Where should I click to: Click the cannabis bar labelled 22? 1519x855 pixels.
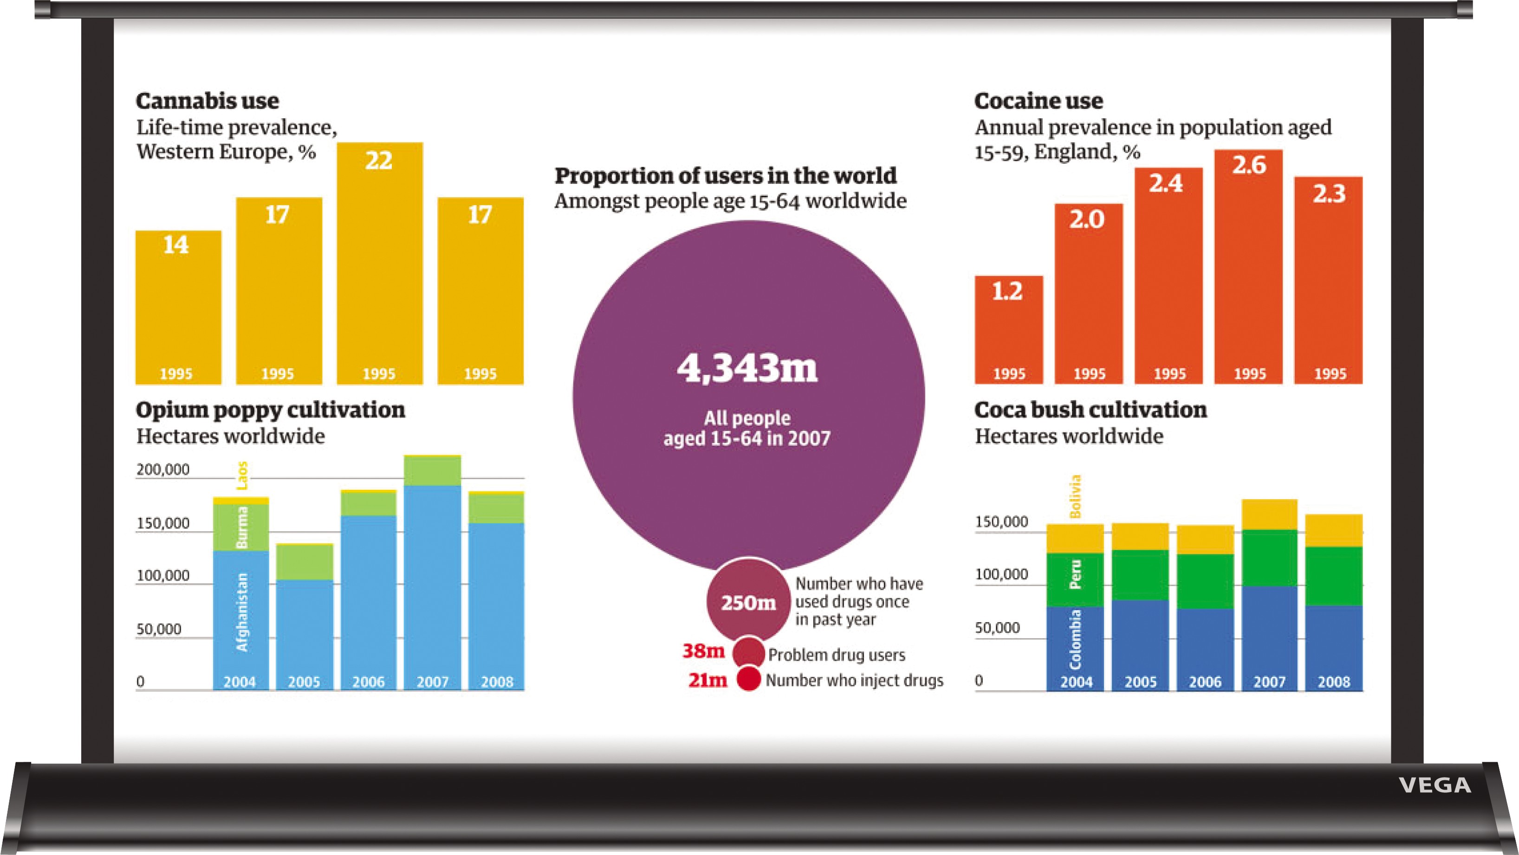(x=380, y=265)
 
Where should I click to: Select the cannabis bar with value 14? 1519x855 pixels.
(x=178, y=306)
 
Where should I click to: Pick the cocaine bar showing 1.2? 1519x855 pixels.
(x=1008, y=330)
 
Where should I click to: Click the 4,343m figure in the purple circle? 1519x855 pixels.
(x=747, y=368)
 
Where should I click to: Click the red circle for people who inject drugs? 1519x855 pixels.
(x=749, y=679)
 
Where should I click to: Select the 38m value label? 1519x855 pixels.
(x=703, y=651)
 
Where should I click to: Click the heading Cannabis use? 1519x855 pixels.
(x=207, y=101)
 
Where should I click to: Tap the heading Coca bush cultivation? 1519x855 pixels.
(x=1091, y=410)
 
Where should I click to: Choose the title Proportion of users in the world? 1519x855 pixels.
(x=725, y=176)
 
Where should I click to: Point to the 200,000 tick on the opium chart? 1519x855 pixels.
(x=163, y=469)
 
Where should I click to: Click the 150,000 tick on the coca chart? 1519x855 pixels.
(x=1001, y=521)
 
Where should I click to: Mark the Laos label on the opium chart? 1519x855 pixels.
(x=242, y=476)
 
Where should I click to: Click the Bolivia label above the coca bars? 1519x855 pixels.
(x=1076, y=496)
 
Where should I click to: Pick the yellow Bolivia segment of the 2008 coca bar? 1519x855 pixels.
(x=1334, y=530)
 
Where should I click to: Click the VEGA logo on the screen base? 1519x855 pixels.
(x=1435, y=785)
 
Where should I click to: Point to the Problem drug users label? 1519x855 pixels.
(x=836, y=655)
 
